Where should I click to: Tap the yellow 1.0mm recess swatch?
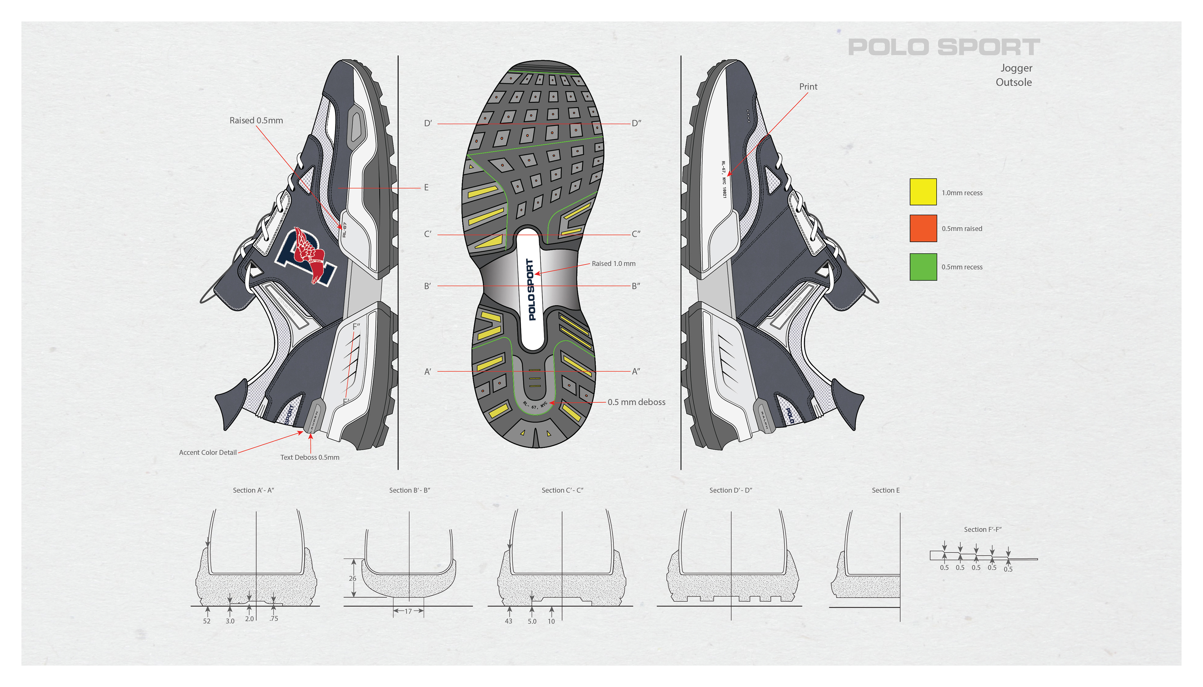click(x=923, y=192)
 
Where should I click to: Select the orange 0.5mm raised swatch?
click(x=923, y=228)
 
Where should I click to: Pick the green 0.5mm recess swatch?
click(x=923, y=266)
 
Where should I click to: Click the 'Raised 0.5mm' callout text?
click(x=256, y=120)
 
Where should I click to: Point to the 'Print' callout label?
click(x=808, y=87)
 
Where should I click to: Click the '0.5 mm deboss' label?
click(x=636, y=402)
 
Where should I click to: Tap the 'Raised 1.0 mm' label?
click(x=613, y=264)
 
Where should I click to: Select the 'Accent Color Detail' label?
click(x=208, y=452)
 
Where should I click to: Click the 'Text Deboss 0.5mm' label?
click(x=310, y=457)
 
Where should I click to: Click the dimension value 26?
click(x=352, y=578)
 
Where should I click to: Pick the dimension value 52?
click(x=207, y=621)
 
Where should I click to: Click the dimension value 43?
click(x=508, y=621)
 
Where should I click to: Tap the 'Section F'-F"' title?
click(x=982, y=529)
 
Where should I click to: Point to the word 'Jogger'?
click(x=1016, y=68)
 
